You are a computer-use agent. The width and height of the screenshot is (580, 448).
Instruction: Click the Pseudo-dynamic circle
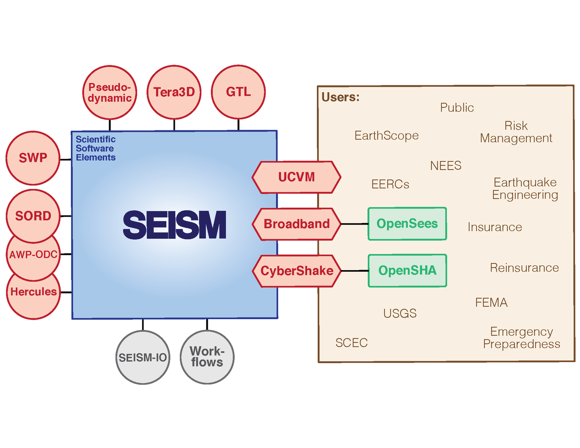click(109, 92)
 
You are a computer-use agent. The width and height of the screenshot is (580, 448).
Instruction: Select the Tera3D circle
click(174, 92)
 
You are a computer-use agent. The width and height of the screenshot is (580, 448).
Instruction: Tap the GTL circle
click(238, 92)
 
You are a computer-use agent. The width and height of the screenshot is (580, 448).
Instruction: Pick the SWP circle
click(33, 158)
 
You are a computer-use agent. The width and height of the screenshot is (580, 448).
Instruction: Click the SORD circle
click(33, 216)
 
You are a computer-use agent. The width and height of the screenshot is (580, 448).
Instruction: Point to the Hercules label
click(34, 292)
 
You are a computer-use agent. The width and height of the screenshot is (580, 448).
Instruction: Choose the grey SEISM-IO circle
click(143, 357)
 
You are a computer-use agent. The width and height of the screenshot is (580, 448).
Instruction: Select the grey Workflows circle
click(207, 357)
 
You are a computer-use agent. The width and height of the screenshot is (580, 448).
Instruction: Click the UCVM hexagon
click(296, 177)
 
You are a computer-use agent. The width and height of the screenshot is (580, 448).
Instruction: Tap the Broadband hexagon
click(297, 224)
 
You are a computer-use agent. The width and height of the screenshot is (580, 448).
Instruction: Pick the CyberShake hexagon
click(297, 271)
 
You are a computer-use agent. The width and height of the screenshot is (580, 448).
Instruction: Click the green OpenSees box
click(407, 223)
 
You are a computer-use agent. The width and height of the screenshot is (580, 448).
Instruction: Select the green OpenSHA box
click(407, 271)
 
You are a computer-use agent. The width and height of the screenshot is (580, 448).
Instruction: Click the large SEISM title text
click(175, 225)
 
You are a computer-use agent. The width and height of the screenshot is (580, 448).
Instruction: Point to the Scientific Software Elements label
click(96, 148)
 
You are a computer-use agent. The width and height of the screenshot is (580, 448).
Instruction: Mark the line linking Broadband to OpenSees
click(354, 224)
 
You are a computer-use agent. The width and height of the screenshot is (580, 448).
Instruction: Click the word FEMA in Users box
click(491, 302)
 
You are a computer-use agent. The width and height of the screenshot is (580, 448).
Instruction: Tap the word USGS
click(400, 313)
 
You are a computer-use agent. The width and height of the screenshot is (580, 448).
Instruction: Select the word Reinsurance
click(524, 268)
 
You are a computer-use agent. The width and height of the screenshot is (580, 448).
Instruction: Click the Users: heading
click(340, 97)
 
